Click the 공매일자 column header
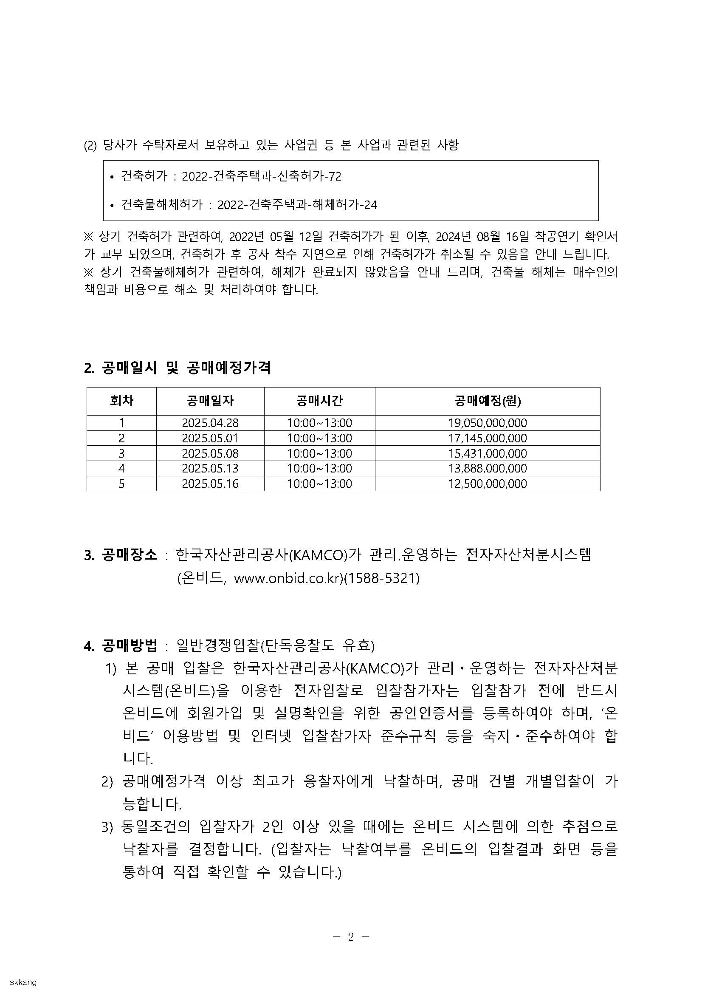click(x=210, y=401)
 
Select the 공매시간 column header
click(x=319, y=401)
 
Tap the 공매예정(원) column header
click(x=487, y=401)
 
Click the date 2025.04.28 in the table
click(x=210, y=422)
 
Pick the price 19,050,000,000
click(x=487, y=422)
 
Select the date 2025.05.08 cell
click(x=210, y=453)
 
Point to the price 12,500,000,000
click(x=487, y=484)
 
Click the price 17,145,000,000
click(x=487, y=438)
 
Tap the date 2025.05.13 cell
click(x=210, y=468)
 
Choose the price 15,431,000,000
click(x=487, y=453)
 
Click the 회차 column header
click(x=121, y=401)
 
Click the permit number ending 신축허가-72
click(x=261, y=176)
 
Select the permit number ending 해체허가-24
click(x=297, y=204)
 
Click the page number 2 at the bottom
click(x=350, y=937)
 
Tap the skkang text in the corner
click(x=23, y=982)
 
